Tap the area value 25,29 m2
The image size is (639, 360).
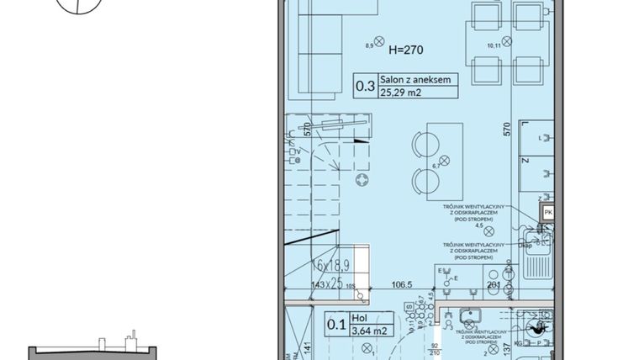point(401,93)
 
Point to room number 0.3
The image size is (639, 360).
point(365,86)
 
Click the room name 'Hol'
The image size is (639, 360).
point(360,319)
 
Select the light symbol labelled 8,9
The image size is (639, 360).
point(379,40)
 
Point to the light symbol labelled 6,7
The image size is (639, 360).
point(446,160)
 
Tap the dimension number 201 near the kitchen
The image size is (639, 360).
point(494,285)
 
